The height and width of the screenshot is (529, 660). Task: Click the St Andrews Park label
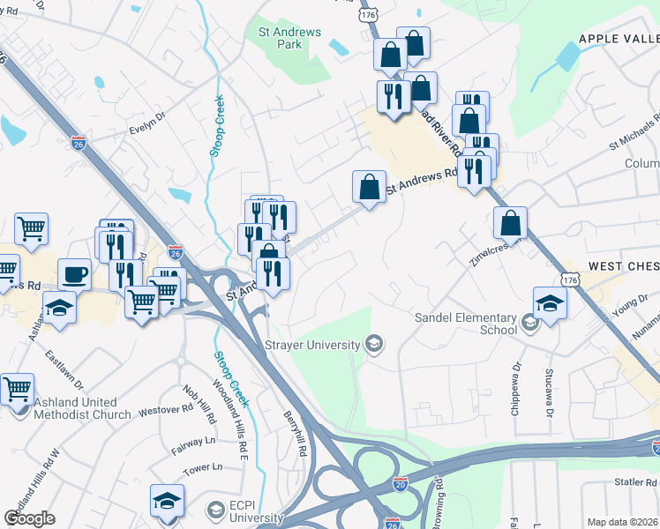pyautogui.click(x=289, y=38)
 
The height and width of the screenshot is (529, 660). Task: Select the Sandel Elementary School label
pyautogui.click(x=467, y=324)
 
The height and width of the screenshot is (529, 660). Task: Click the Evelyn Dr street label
pyautogui.click(x=147, y=121)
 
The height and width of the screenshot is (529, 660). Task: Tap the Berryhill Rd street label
pyautogui.click(x=295, y=433)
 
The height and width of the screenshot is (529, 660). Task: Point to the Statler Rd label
pyautogui.click(x=635, y=483)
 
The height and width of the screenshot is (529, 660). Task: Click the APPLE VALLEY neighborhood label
pyautogui.click(x=618, y=39)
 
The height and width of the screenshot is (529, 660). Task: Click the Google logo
pyautogui.click(x=29, y=518)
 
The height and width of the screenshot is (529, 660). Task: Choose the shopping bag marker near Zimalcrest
pyautogui.click(x=511, y=222)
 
